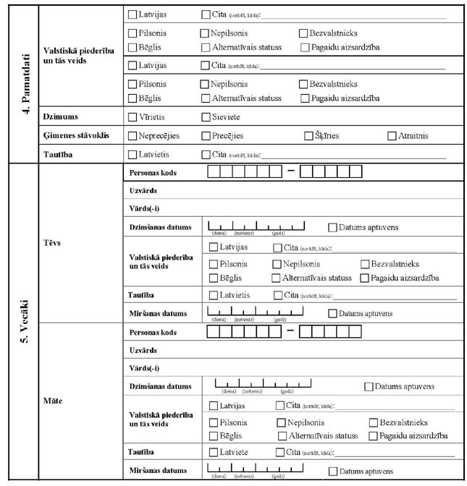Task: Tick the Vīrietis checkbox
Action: coord(132,116)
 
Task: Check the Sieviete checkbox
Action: coord(206,116)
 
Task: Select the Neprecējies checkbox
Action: coord(132,135)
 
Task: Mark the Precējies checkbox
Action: coord(206,135)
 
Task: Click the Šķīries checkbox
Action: coord(309,135)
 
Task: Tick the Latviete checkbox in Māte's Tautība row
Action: coord(214,452)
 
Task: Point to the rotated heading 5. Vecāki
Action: coord(21,321)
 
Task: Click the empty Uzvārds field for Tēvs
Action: coord(311,191)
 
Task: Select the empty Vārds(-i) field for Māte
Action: coord(311,368)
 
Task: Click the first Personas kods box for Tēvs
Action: coord(215,172)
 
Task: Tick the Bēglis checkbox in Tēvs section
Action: coord(214,278)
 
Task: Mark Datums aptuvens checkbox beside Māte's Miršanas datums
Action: coord(333,472)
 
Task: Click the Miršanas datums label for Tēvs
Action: coord(157,313)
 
